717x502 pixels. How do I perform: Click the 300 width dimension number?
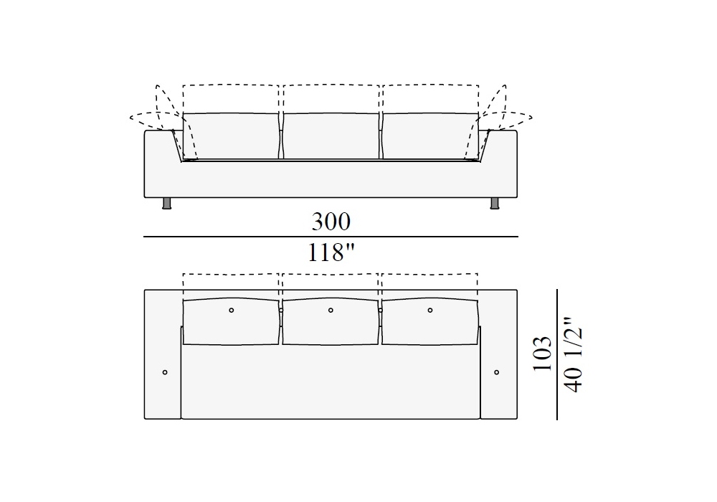pos(331,222)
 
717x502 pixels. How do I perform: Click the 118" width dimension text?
pos(331,252)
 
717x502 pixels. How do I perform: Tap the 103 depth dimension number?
pos(542,354)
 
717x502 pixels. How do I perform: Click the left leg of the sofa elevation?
pos(167,204)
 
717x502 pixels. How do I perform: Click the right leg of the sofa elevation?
pos(494,204)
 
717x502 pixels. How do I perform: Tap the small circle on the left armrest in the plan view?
pos(165,372)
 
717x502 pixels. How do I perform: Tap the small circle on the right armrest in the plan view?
pos(497,372)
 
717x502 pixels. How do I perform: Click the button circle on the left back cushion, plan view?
pos(232,311)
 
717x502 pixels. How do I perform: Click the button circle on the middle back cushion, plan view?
pos(331,311)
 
